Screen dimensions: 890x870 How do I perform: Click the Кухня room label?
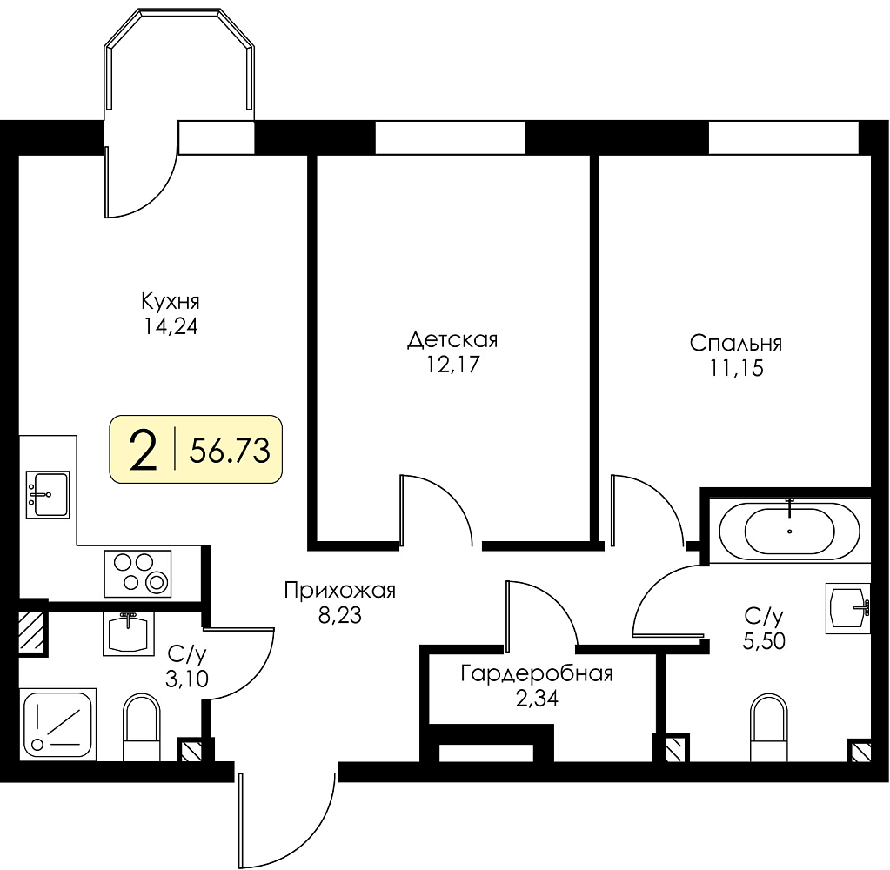tap(171, 301)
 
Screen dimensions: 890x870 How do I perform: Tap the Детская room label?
tap(452, 340)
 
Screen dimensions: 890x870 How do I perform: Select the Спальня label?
tap(736, 344)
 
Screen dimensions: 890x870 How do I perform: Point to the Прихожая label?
tap(339, 591)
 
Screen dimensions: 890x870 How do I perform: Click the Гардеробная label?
tap(537, 674)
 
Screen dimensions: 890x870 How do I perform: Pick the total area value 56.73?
tap(230, 452)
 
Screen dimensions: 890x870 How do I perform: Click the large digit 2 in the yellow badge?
tap(143, 450)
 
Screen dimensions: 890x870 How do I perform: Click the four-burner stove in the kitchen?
tap(137, 573)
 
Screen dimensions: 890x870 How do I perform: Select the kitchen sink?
tap(48, 494)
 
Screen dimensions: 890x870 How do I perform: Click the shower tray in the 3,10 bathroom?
tap(57, 724)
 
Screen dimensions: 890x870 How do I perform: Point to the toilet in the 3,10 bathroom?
tap(142, 727)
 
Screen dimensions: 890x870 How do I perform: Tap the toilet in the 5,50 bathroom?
tap(768, 727)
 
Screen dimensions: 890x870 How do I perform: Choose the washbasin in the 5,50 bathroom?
tap(847, 608)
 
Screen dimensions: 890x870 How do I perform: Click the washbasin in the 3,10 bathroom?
tap(128, 633)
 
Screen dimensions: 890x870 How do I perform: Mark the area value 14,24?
tap(171, 327)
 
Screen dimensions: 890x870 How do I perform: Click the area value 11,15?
tap(736, 369)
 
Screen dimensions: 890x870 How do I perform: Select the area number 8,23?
tap(339, 616)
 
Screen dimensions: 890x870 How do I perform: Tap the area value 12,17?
tap(452, 365)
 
